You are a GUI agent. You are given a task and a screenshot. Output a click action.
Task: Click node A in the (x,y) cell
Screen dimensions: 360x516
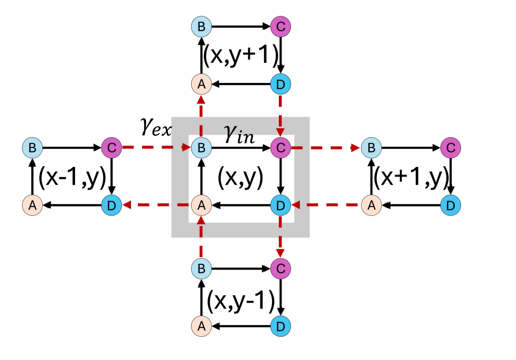(x=201, y=204)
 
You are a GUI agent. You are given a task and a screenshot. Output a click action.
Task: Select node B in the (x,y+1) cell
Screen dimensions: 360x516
(x=201, y=26)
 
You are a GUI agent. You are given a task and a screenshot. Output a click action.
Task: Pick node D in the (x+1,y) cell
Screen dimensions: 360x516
(x=449, y=204)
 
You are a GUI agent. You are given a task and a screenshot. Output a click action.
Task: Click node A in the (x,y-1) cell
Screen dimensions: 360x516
(x=201, y=326)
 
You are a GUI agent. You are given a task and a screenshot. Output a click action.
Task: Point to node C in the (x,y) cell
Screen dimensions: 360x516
(x=280, y=148)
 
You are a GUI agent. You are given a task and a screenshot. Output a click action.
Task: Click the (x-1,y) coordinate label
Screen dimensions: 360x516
(x=71, y=177)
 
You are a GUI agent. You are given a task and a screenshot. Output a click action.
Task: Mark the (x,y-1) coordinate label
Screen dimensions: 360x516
(x=241, y=300)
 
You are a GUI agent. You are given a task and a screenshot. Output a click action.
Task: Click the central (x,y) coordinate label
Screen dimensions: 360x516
(x=240, y=178)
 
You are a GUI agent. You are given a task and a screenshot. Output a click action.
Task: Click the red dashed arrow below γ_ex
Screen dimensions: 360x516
(x=155, y=148)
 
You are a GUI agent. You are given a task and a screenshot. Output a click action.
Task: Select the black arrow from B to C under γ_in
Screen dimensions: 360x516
(x=240, y=148)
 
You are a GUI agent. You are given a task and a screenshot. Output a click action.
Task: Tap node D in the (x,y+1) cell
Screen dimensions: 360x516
(x=280, y=83)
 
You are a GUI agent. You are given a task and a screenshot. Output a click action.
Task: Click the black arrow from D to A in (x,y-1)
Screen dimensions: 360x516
(x=240, y=326)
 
